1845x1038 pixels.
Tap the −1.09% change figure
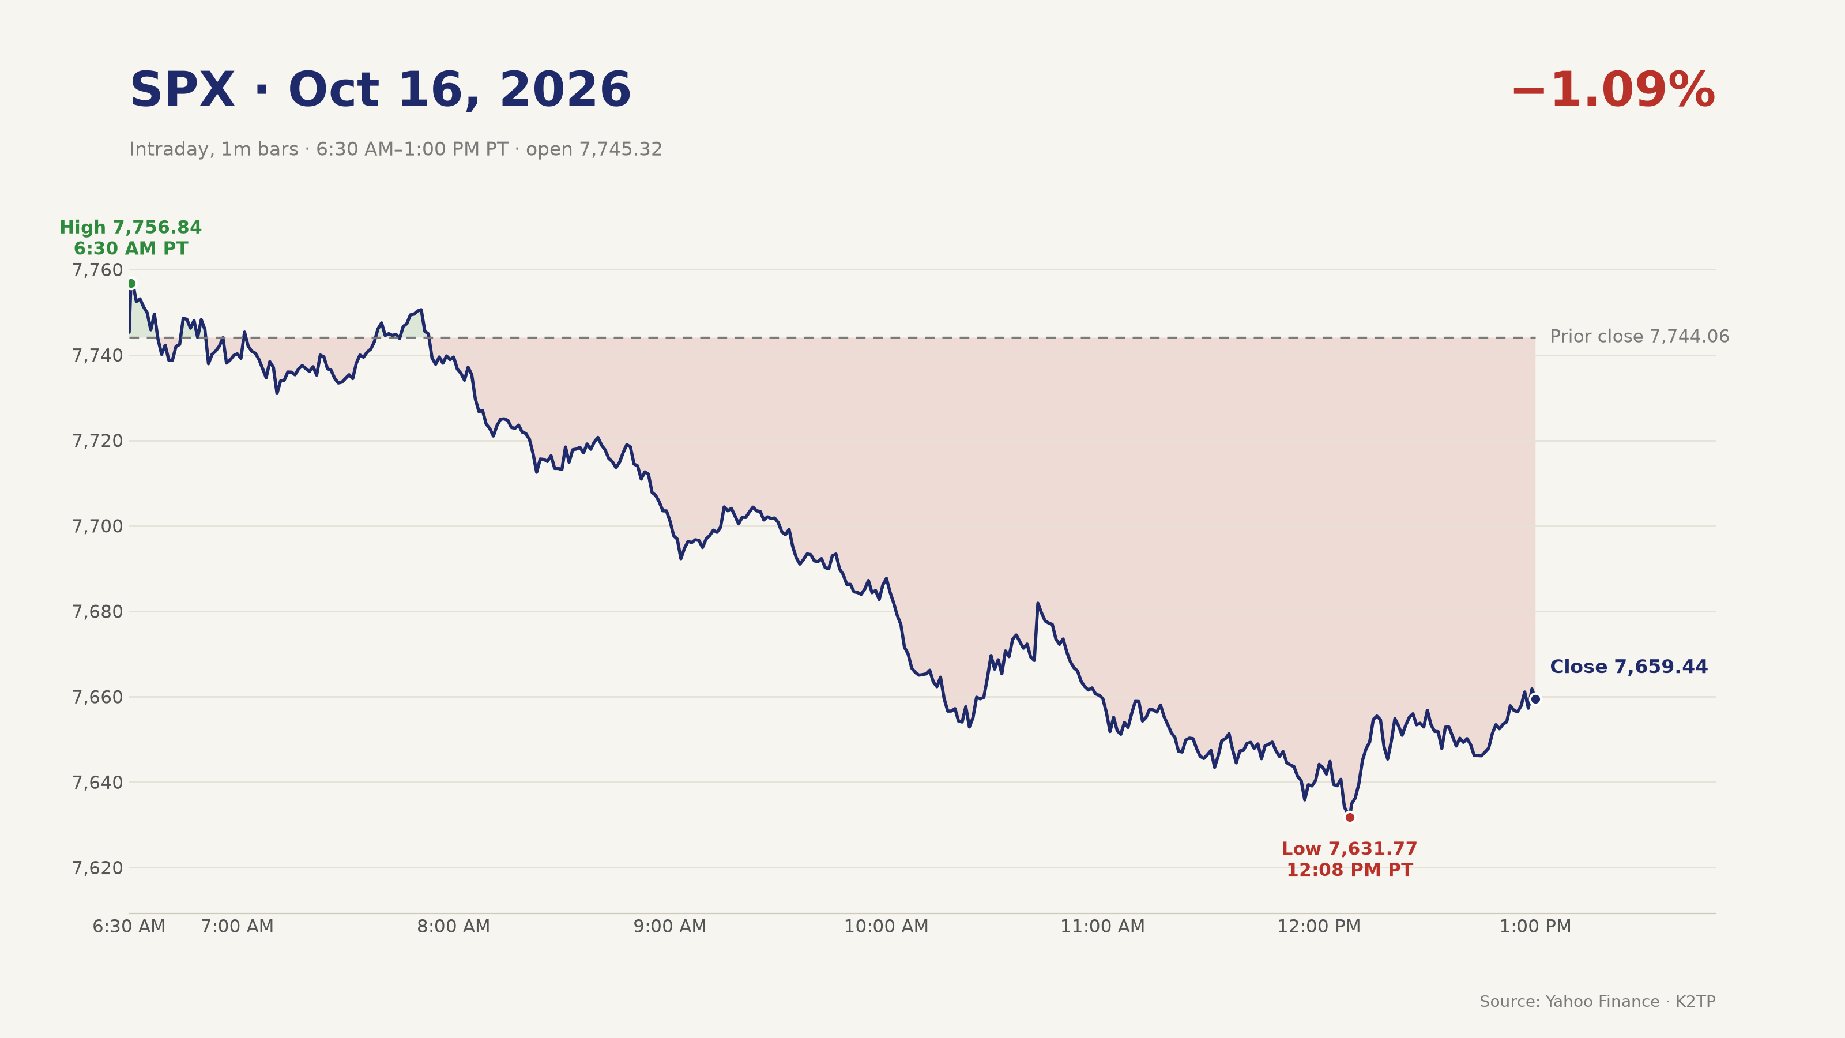pos(1613,91)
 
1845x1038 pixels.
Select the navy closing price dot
pos(1535,699)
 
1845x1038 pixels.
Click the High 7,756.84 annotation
pos(130,228)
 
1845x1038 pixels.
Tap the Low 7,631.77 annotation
pos(1349,849)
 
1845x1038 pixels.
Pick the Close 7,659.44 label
pos(1629,667)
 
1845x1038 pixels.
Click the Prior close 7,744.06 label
pos(1639,337)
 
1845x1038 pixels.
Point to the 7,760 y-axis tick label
pos(97,270)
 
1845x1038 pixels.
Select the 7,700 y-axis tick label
pos(97,526)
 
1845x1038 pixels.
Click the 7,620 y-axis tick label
pos(97,868)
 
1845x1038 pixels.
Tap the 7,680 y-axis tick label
pos(97,612)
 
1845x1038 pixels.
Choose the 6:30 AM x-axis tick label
pos(129,927)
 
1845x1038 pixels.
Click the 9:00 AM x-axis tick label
pos(669,927)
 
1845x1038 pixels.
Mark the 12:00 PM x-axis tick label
pos(1319,927)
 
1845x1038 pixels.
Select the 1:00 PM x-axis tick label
pos(1535,927)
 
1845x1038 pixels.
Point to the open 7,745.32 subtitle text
pos(594,150)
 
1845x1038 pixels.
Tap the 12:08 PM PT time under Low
pos(1349,870)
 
